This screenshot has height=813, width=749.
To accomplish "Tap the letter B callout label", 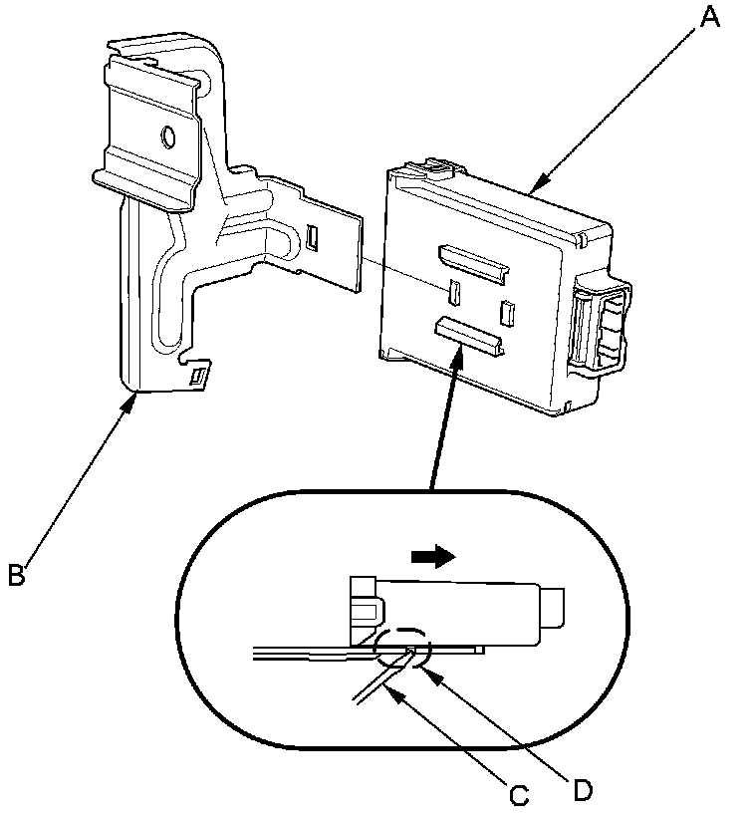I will [x=18, y=575].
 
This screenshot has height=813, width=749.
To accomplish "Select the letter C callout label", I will [x=517, y=795].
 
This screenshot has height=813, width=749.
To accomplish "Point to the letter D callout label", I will [x=584, y=789].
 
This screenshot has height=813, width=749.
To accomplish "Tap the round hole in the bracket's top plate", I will [x=168, y=135].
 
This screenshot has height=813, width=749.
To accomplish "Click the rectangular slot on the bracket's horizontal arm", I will [x=313, y=235].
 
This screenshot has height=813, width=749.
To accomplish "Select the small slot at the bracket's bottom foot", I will [x=199, y=376].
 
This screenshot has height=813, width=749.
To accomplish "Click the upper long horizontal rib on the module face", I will [x=473, y=260].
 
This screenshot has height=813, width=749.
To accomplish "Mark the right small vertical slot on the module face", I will [x=506, y=313].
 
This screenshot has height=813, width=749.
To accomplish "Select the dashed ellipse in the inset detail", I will [x=402, y=644].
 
